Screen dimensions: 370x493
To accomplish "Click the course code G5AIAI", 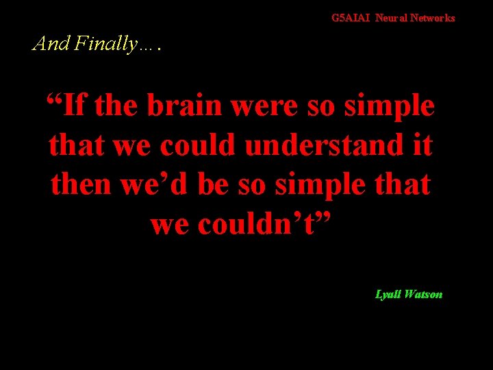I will pyautogui.click(x=351, y=18).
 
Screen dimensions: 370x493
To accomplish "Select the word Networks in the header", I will pyautogui.click(x=432, y=18).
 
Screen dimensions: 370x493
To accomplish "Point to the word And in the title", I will pyautogui.click(x=51, y=44).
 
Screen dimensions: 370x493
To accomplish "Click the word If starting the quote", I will pyautogui.click(x=77, y=106).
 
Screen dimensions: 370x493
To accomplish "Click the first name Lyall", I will pyautogui.click(x=389, y=295).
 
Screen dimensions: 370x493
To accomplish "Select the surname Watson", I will pyautogui.click(x=425, y=295).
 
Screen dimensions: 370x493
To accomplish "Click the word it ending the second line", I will pyautogui.click(x=423, y=145).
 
